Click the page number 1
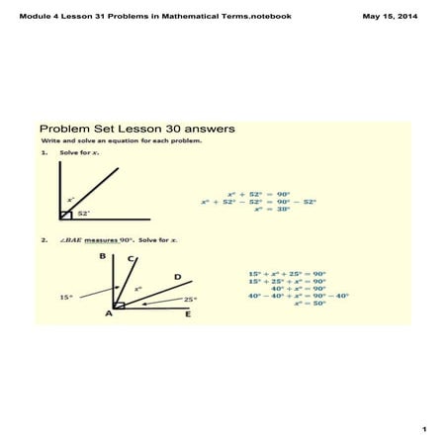[x=422, y=428]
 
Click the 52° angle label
[x=83, y=213]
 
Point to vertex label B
[x=102, y=255]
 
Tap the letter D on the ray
[x=176, y=276]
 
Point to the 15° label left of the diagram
[x=64, y=296]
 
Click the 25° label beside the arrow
[x=189, y=299]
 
